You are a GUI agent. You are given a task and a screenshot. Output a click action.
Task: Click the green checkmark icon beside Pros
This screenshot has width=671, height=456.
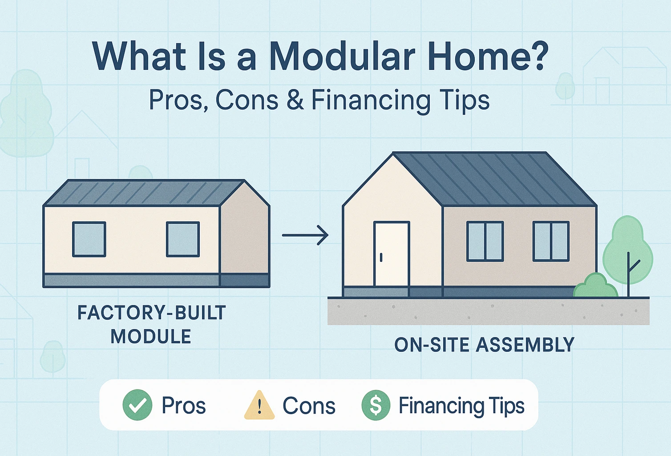tap(137, 405)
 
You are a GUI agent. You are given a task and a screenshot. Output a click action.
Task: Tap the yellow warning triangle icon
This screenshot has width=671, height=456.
tap(259, 406)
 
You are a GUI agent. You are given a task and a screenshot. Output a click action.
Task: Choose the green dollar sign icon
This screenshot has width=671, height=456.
tap(376, 405)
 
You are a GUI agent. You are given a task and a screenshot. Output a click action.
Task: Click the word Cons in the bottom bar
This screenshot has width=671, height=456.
tap(309, 406)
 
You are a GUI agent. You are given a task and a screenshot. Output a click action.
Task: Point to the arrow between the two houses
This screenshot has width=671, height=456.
tap(305, 235)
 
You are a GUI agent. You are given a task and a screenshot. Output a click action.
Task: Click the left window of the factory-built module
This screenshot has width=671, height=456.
tap(89, 239)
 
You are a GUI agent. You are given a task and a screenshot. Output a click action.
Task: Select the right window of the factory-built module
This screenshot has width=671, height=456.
tap(182, 239)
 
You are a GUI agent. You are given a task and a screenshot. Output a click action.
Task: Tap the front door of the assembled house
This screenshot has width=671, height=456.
tap(392, 254)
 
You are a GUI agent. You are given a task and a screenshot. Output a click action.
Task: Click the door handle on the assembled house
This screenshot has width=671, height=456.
tap(381, 257)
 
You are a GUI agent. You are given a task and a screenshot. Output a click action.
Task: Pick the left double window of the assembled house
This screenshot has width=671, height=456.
tap(485, 241)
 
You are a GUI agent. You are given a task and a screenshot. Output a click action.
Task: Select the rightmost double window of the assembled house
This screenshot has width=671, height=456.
tap(551, 241)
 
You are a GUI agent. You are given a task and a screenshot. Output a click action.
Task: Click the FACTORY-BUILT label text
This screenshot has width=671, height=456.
tap(151, 313)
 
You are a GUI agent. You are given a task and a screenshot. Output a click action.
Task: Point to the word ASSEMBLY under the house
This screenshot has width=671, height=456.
tap(525, 345)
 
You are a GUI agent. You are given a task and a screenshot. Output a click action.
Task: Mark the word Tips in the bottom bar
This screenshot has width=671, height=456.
tap(507, 406)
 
